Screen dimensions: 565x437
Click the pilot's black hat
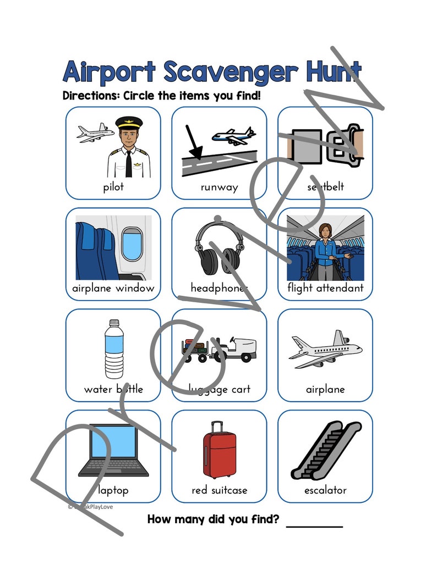pyautogui.click(x=129, y=122)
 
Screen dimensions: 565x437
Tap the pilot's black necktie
pyautogui.click(x=129, y=163)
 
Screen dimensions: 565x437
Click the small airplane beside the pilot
pyautogui.click(x=95, y=133)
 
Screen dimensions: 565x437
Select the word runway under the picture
pyautogui.click(x=219, y=187)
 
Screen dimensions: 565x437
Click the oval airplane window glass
pyautogui.click(x=132, y=244)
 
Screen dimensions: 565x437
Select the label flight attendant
pyautogui.click(x=325, y=288)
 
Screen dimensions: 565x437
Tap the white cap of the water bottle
pyautogui.click(x=114, y=324)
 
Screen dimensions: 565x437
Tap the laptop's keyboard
pyautogui.click(x=113, y=468)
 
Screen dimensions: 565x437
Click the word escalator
pyautogui.click(x=325, y=490)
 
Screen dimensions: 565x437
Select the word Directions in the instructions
pyautogui.click(x=91, y=96)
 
